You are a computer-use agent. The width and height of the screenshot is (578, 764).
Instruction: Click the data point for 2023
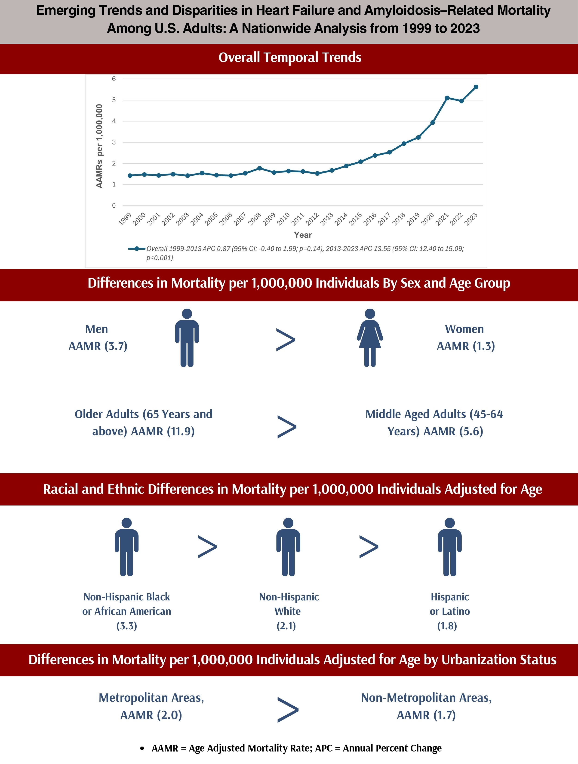[x=476, y=87]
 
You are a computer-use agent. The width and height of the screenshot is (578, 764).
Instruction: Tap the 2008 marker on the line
[x=259, y=168]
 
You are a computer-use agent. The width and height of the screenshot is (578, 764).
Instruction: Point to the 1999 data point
[x=130, y=175]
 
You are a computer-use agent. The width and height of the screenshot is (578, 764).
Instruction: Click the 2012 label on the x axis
[x=312, y=219]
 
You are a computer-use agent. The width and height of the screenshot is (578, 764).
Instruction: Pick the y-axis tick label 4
[x=114, y=121]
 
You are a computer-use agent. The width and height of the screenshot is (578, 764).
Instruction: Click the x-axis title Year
[x=303, y=235]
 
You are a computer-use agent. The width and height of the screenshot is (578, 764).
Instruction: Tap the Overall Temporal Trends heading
[x=290, y=58]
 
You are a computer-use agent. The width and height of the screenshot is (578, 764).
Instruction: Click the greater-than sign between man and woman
[x=286, y=340]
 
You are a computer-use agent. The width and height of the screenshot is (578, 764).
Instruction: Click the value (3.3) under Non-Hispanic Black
[x=127, y=626]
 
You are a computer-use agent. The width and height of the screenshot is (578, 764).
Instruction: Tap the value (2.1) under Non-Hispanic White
[x=286, y=626]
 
